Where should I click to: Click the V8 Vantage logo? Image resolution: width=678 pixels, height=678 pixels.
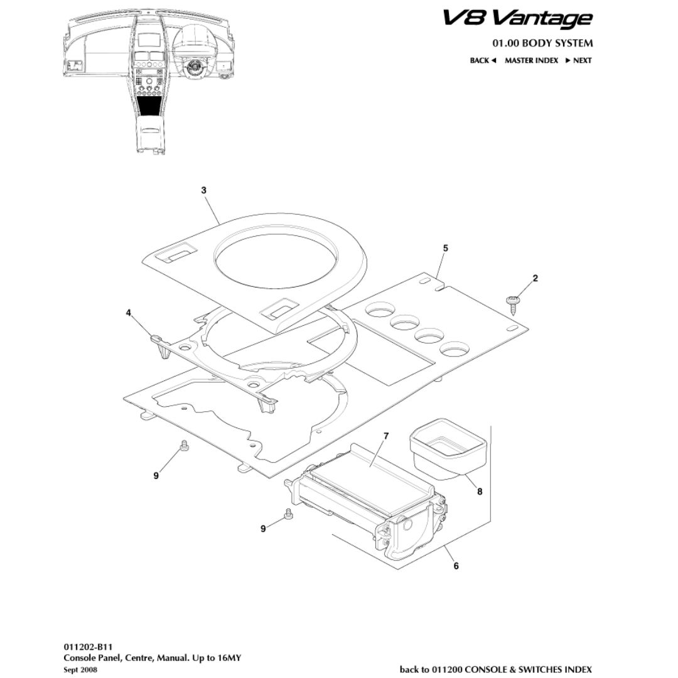coord(517,18)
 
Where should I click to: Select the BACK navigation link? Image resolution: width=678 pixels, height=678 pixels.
coord(483,60)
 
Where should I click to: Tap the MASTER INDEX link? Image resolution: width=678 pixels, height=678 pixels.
coord(531,60)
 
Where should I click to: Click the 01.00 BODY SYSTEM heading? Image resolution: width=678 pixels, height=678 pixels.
coord(542,43)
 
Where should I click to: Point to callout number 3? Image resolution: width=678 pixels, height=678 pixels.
coord(204,190)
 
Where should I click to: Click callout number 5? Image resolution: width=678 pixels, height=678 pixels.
coord(445,248)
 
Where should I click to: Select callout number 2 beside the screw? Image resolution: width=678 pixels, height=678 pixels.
coord(535,278)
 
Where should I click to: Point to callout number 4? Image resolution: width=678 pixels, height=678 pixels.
coord(128,313)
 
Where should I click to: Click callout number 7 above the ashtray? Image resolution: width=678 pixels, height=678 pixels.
coord(386,436)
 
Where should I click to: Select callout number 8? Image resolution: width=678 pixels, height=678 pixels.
coord(480,492)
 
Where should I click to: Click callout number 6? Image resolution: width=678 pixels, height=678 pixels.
coord(456,566)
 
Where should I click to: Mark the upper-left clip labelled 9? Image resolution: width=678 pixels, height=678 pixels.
coord(184,446)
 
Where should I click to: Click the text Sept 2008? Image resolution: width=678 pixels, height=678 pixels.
coord(80,670)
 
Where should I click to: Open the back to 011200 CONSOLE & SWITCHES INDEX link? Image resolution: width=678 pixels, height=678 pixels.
coord(495,669)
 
